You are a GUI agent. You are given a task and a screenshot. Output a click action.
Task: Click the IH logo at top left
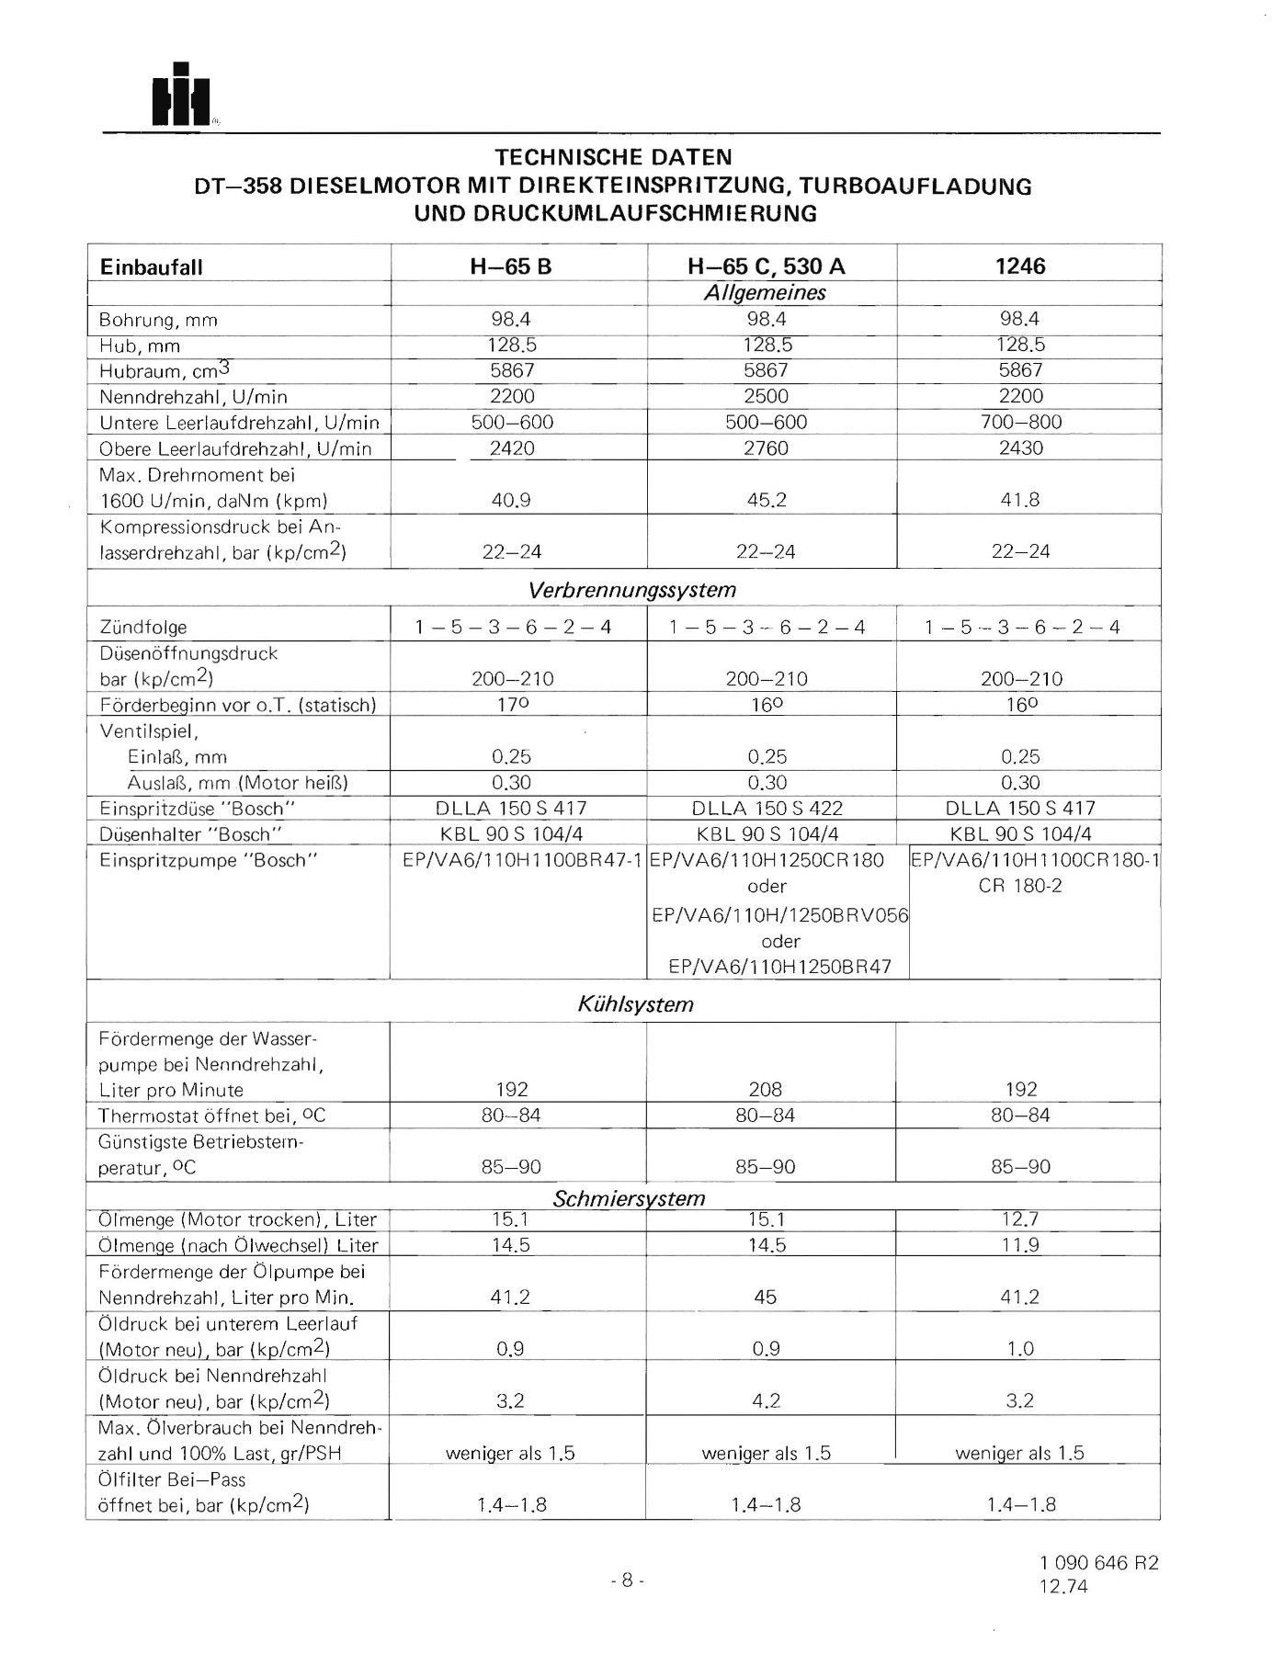click(181, 96)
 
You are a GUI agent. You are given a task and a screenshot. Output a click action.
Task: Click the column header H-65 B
click(518, 266)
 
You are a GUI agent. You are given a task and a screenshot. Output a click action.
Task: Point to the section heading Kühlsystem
click(635, 1003)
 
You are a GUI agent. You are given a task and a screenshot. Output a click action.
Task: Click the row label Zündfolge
click(142, 628)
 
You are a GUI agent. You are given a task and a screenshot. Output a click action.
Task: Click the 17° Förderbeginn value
click(512, 705)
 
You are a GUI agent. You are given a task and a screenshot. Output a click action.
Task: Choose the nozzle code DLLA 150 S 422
click(767, 809)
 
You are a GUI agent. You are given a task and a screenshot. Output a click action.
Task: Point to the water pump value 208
click(765, 1090)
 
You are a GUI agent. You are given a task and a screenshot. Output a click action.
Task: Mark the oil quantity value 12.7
click(1020, 1219)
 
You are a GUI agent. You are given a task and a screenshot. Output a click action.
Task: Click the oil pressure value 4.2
click(766, 1401)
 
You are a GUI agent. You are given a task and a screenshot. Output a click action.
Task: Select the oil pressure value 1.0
click(1020, 1349)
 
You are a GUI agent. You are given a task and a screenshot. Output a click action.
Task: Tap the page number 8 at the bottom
click(627, 1580)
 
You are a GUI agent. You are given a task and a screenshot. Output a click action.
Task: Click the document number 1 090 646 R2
click(1099, 1563)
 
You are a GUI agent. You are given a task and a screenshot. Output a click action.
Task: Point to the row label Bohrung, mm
click(158, 321)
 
